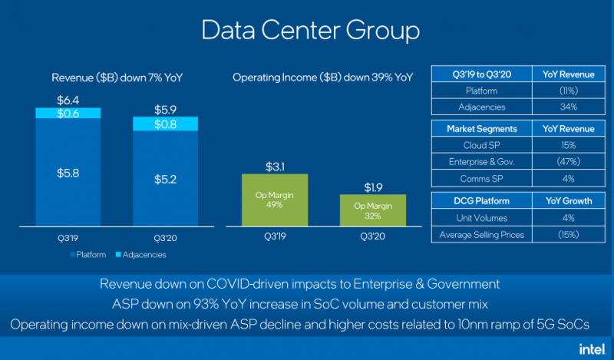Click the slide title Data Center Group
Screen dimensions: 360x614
[x=310, y=31]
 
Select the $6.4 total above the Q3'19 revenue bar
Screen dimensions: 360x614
[x=68, y=101]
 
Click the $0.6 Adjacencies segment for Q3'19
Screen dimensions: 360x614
[x=68, y=114]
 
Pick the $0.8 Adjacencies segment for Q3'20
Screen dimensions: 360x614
[x=165, y=124]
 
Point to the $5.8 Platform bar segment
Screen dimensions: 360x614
[x=68, y=173]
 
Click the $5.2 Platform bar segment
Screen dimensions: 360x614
[x=165, y=179]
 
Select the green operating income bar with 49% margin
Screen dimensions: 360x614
[x=275, y=200]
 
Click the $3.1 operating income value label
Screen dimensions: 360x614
[x=275, y=165]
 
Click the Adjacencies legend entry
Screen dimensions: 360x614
[x=140, y=254]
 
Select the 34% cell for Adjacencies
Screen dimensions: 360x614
[x=569, y=107]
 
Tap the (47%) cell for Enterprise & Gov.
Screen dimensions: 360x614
[x=569, y=161]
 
